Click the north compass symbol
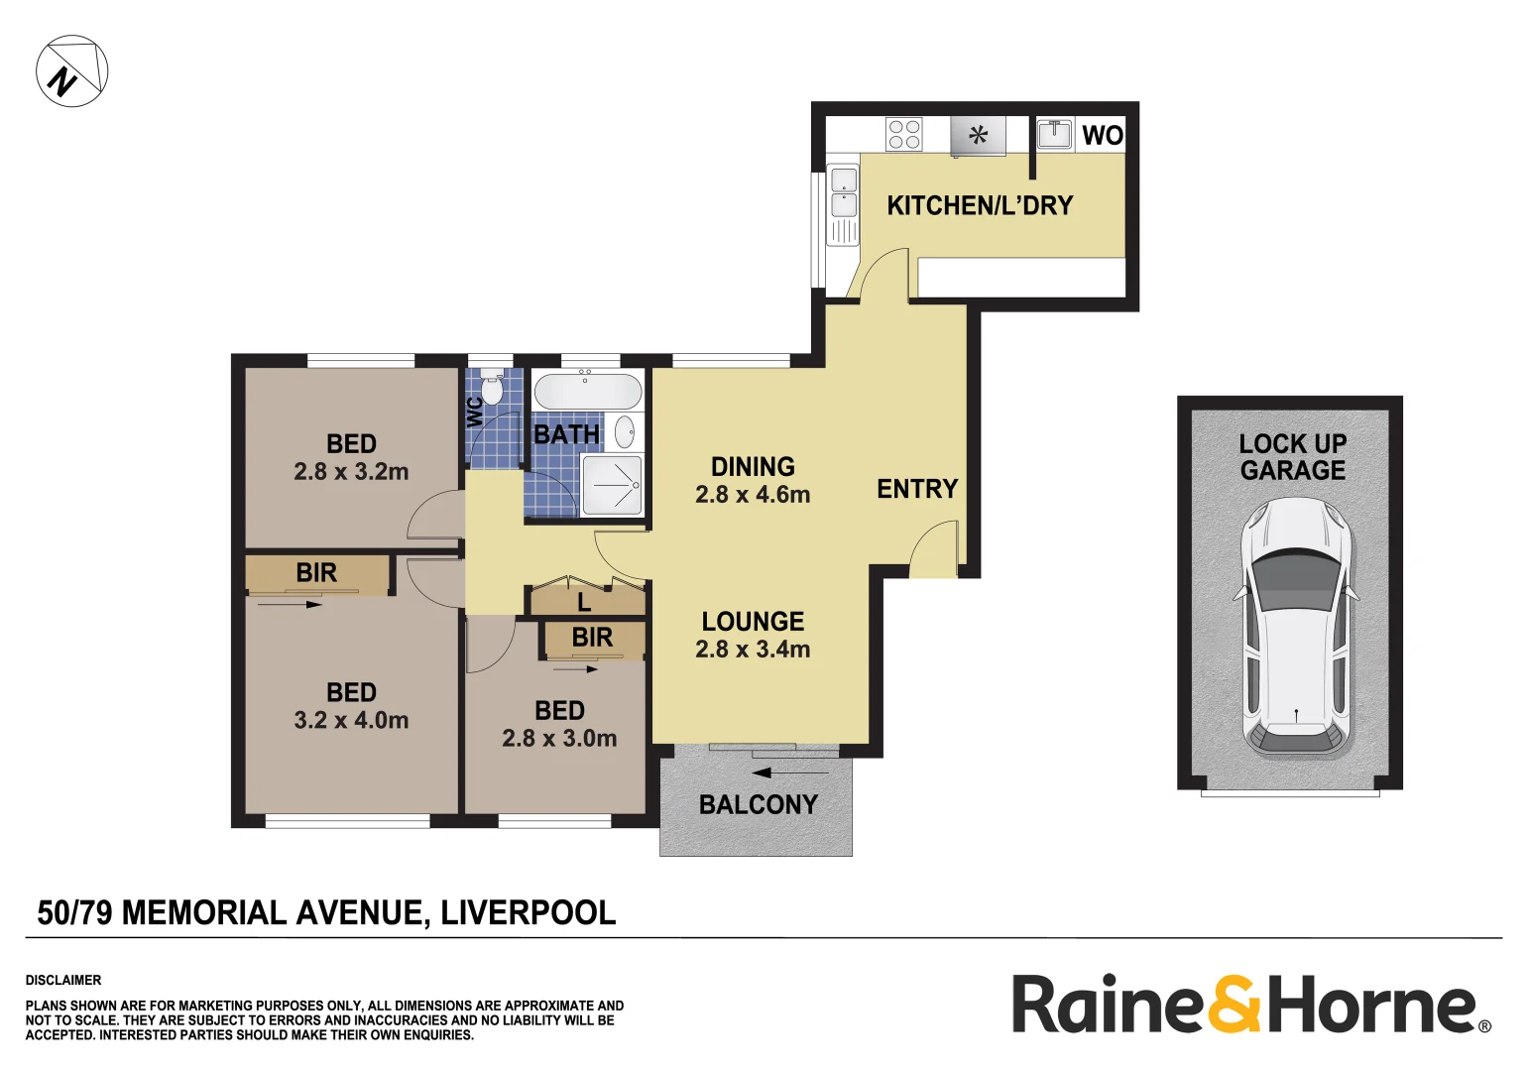pos(71,71)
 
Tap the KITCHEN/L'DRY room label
pos(979,205)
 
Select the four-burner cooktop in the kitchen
pos(903,134)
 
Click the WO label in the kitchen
pos(1102,135)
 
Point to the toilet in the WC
pos(492,390)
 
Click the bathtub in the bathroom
pos(587,391)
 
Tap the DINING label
pos(753,466)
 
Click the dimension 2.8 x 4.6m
pos(753,494)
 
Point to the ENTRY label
pos(917,489)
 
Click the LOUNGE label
pos(753,622)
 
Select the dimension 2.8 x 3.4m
pos(753,650)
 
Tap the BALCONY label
pos(759,804)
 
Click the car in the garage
pos(1295,627)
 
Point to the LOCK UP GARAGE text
pos(1292,457)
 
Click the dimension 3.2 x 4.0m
pos(351,720)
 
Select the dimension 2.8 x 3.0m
pos(559,738)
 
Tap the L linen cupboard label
pos(584,602)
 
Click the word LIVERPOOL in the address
pos(528,912)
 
